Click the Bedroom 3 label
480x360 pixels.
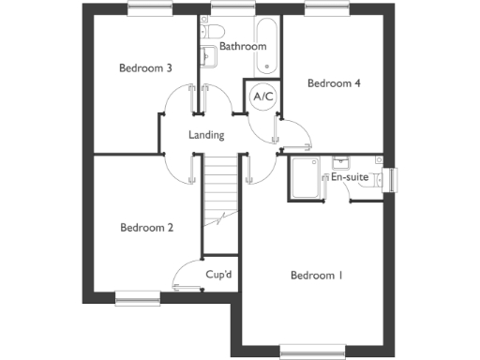coord(145,67)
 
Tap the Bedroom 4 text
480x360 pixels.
coord(335,83)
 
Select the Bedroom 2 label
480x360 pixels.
coord(147,226)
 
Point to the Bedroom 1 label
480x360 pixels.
coord(316,276)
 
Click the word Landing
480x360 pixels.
coord(206,135)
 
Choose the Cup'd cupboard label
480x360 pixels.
coord(219,275)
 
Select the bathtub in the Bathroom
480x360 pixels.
coord(267,45)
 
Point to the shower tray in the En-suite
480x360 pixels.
coord(305,178)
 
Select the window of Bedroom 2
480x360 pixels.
coord(138,298)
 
